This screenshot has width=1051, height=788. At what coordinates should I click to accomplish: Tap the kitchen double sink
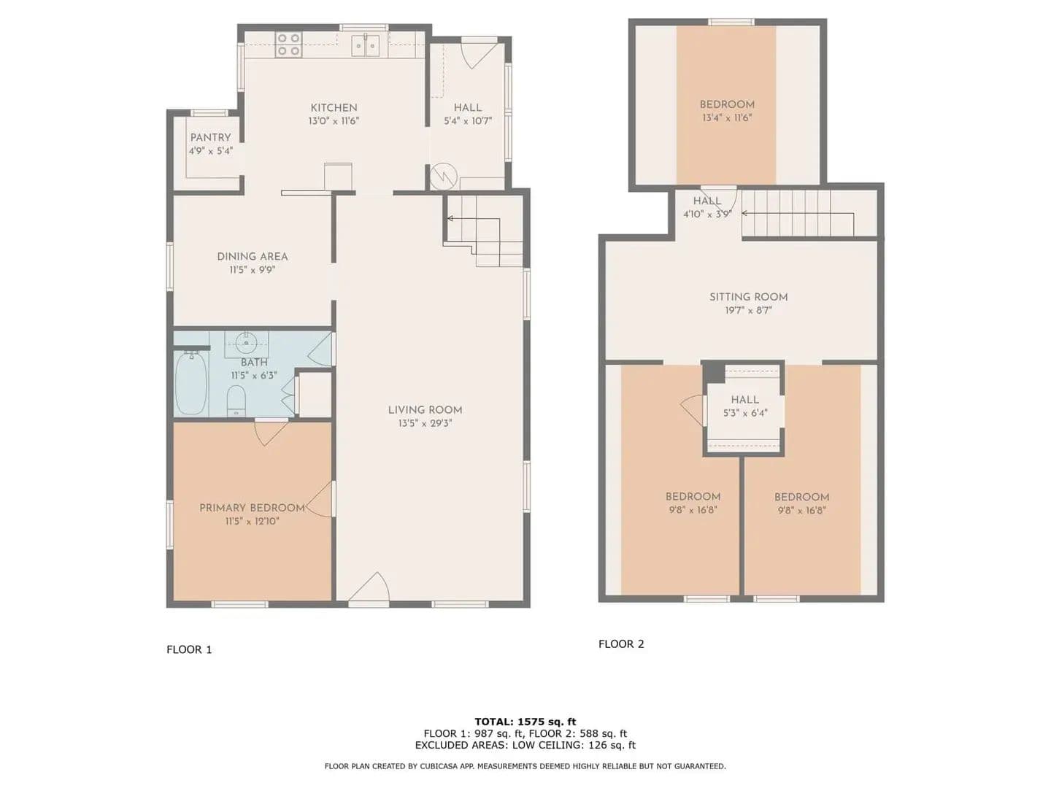coord(366,45)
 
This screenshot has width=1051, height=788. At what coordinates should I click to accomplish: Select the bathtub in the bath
coord(191,383)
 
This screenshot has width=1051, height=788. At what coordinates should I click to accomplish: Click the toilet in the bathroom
coord(236,401)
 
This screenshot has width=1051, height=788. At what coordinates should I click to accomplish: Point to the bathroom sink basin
coord(247,343)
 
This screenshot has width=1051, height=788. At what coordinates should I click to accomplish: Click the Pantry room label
coord(211,138)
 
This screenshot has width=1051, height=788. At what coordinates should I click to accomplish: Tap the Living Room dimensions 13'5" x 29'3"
coord(425,423)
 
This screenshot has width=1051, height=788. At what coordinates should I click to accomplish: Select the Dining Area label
coord(253,256)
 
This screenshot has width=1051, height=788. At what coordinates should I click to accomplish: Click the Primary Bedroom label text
coord(253,508)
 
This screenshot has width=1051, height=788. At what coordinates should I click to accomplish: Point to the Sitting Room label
coord(748,297)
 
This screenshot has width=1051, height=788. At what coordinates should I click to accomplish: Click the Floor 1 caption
coord(189,649)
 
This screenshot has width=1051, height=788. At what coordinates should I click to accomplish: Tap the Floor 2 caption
coord(621,644)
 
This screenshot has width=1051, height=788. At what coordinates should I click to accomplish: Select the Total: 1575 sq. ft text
coord(525,722)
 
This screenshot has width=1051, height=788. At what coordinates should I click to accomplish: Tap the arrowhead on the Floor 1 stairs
coord(450,219)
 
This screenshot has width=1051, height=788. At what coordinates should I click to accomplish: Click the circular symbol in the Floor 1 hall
coord(443,177)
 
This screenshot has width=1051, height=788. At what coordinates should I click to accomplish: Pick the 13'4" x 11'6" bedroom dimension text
coord(727,117)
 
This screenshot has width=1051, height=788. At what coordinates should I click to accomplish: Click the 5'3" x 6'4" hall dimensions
coord(745,413)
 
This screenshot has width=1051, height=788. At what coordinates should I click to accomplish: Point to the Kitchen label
coord(334,108)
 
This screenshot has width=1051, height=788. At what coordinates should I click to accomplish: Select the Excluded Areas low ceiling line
coord(525,745)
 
